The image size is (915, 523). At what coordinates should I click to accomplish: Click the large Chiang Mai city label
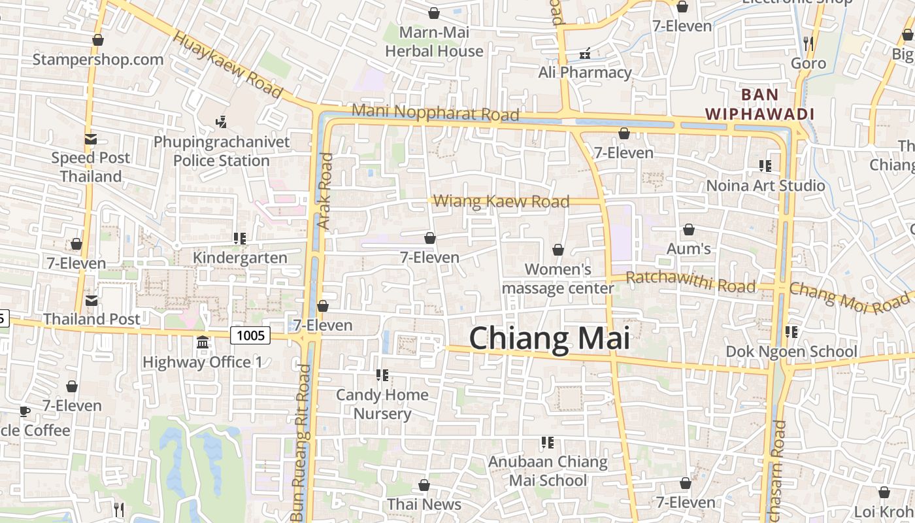[x=550, y=339]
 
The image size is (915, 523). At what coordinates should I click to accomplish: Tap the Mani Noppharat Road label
[x=435, y=112]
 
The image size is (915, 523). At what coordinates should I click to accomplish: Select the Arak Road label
[x=325, y=191]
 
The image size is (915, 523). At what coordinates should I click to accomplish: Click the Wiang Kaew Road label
[x=501, y=201]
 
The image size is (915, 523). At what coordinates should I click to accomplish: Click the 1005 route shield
[x=250, y=335]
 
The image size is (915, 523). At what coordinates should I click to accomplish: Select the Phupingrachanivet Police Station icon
[x=221, y=121]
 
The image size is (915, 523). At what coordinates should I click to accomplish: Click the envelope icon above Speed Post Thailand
[x=90, y=139]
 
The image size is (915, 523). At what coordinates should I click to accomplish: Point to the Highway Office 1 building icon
[x=203, y=343]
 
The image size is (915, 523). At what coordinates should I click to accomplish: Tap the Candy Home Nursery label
[x=382, y=404]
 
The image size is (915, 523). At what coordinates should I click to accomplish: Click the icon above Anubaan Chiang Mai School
[x=548, y=443]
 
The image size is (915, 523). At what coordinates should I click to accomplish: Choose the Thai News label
[x=424, y=504]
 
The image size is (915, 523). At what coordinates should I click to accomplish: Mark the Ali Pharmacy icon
[x=585, y=53]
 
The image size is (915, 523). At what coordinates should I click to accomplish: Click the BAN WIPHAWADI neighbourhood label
[x=759, y=105]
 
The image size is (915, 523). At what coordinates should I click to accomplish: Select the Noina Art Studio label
[x=765, y=186]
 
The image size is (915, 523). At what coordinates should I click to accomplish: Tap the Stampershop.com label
[x=98, y=59]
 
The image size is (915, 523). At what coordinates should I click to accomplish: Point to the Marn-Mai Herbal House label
[x=434, y=41]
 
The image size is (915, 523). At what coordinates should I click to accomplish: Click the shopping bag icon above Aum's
[x=688, y=229]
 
